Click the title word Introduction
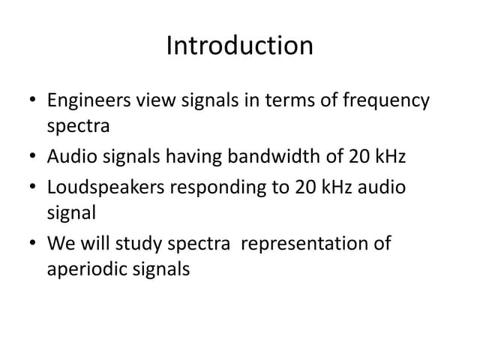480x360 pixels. click(x=239, y=46)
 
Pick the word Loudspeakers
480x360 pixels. click(x=106, y=186)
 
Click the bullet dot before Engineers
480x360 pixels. click(x=29, y=100)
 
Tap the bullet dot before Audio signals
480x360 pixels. click(x=29, y=157)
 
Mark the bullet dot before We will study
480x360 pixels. click(x=29, y=244)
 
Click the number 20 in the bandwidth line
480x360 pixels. click(x=358, y=157)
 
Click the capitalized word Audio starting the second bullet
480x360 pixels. click(x=70, y=157)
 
